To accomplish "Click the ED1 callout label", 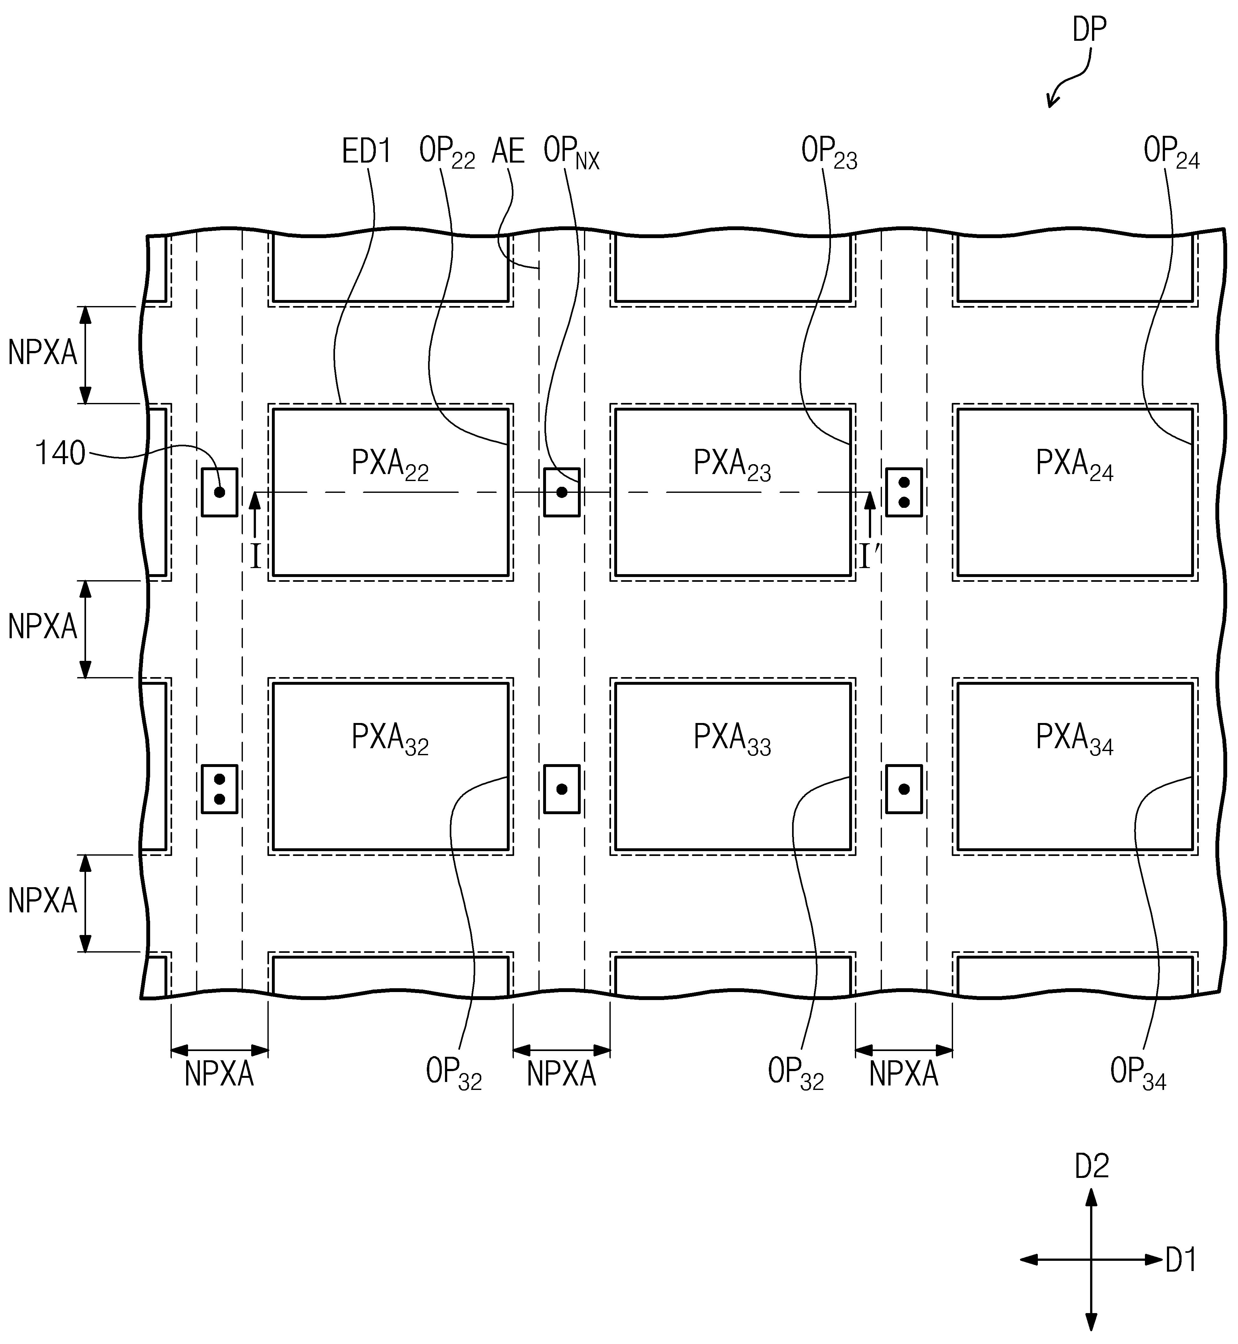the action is [x=367, y=151].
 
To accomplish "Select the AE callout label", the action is [x=508, y=151].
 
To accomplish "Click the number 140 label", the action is [x=60, y=454].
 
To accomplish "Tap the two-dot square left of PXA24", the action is [x=904, y=493].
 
